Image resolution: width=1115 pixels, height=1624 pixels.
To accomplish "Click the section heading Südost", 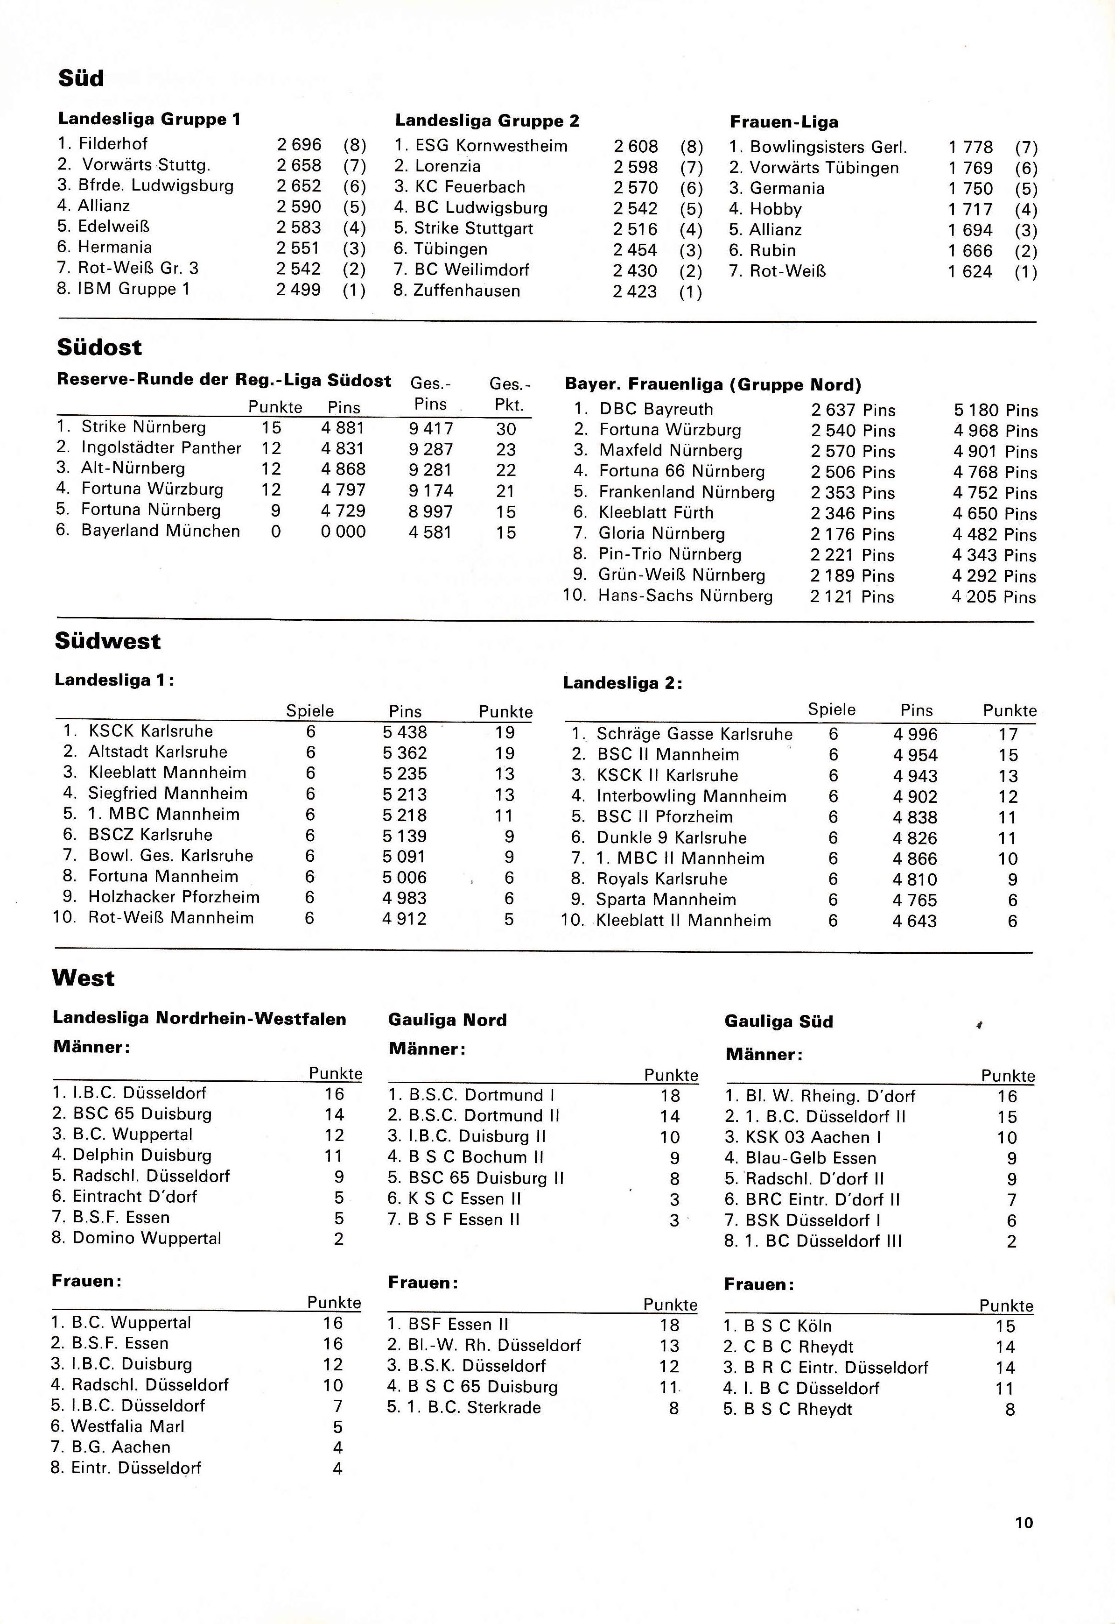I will pos(99,347).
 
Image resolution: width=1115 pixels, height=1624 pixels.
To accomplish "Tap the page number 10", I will pos(1024,1522).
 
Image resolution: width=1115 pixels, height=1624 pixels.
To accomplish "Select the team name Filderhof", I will pos(112,144).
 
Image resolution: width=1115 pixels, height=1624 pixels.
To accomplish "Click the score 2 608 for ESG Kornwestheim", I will pos(636,146).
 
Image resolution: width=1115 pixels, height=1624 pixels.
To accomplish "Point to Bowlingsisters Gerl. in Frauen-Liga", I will pos(828,148).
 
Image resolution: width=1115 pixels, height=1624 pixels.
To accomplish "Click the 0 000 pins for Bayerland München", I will pos(343,532).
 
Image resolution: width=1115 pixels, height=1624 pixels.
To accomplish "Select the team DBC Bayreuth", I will pos(656,409).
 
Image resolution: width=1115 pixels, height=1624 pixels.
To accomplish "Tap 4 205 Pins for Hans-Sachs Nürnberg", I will pos(994,597).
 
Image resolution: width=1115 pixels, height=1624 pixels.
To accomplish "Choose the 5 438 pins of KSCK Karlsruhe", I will pos(405,732).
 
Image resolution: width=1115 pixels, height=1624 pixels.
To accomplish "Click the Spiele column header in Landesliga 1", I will pos(310,711).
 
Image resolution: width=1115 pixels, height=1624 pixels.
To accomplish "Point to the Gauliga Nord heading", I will pos(447,1020).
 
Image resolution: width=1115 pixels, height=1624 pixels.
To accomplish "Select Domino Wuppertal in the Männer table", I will pos(147,1238).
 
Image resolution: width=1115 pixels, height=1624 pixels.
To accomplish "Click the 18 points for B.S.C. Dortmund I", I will pos(670,1095).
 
